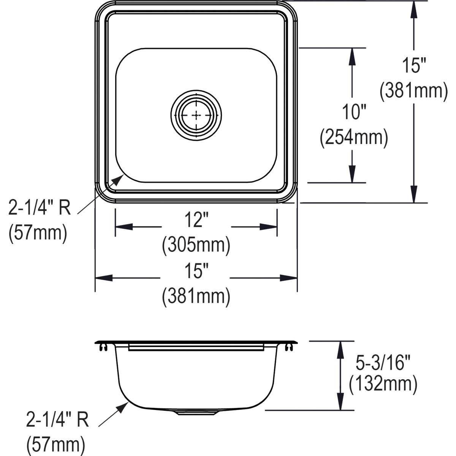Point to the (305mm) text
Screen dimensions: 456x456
click(196, 245)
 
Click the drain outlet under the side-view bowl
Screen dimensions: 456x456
click(196, 412)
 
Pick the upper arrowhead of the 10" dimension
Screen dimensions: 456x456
click(352, 56)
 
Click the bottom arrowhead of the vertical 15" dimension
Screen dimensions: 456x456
click(414, 194)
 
